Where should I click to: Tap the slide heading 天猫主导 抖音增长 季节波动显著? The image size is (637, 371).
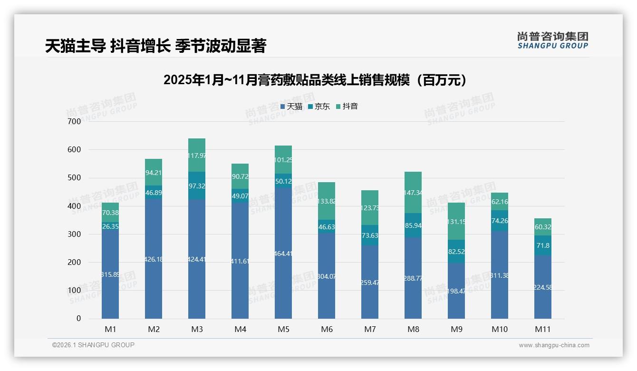click(x=155, y=46)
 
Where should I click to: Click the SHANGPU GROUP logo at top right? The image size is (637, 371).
click(x=552, y=40)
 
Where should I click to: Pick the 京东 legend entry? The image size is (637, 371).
click(x=319, y=106)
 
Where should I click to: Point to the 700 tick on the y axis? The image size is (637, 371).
click(x=75, y=121)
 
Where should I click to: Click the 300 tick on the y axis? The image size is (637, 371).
click(x=75, y=234)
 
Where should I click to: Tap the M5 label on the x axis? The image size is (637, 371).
click(x=283, y=329)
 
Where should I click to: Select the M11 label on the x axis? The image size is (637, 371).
click(x=542, y=329)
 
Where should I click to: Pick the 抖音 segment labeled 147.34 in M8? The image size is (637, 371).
click(x=413, y=192)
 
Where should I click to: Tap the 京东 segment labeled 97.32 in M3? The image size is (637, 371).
click(x=197, y=185)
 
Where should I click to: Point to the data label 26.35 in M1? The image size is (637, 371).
click(x=110, y=226)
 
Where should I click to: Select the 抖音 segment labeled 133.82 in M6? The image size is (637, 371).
click(x=327, y=201)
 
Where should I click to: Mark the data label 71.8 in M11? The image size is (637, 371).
click(x=543, y=245)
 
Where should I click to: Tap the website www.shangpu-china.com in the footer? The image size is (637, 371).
click(x=554, y=345)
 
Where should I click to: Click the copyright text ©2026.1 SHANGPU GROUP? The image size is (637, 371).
click(x=93, y=345)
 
